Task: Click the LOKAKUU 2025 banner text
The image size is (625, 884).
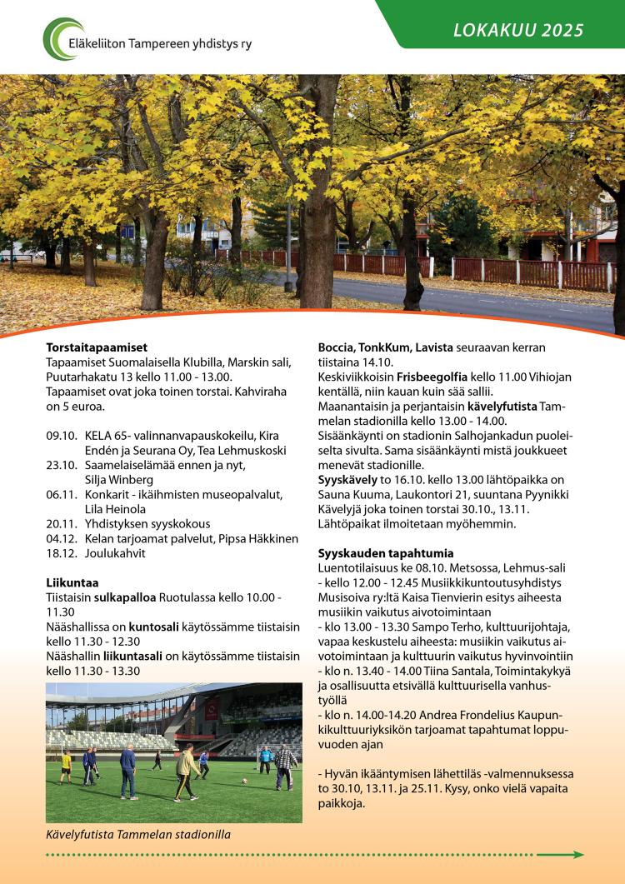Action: pyautogui.click(x=518, y=32)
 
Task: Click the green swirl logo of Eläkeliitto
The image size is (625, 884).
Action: pyautogui.click(x=62, y=39)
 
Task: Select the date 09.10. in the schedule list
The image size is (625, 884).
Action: pyautogui.click(x=62, y=436)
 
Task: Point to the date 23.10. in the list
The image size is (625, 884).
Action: pyautogui.click(x=62, y=465)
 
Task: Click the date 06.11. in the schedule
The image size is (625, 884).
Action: pyautogui.click(x=62, y=494)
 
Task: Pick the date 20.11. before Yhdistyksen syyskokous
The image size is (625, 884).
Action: pyautogui.click(x=62, y=524)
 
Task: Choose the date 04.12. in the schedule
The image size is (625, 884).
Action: pyautogui.click(x=62, y=539)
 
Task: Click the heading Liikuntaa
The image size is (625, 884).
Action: pyautogui.click(x=72, y=582)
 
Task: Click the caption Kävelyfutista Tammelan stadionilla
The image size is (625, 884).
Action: pyautogui.click(x=137, y=834)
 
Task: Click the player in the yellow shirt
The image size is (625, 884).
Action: pyautogui.click(x=66, y=762)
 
